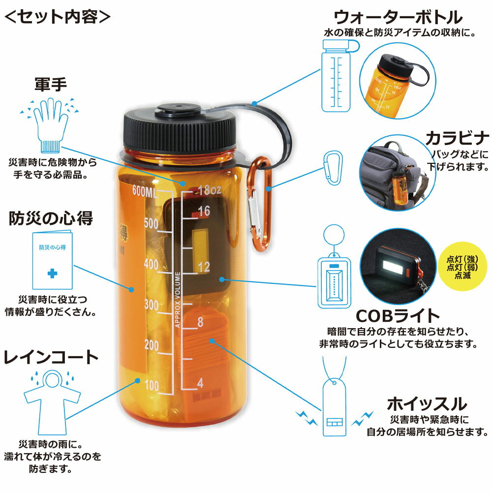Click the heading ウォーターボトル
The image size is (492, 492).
point(398,18)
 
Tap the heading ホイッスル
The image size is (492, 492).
point(426,404)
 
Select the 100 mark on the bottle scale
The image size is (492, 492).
point(152,385)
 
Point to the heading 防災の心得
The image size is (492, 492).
point(51,218)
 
